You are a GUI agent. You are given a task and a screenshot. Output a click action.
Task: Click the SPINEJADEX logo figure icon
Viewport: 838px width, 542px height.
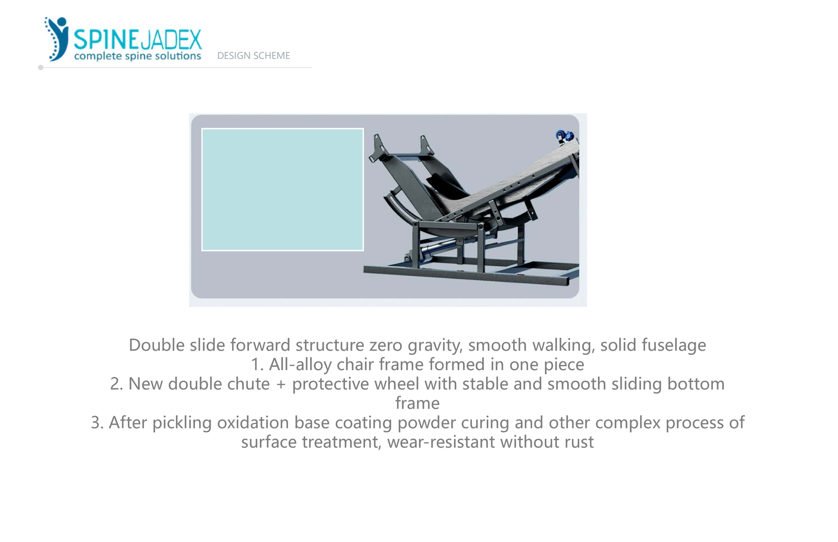click(x=57, y=39)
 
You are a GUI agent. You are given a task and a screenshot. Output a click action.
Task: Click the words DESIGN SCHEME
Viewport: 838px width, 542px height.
click(x=253, y=56)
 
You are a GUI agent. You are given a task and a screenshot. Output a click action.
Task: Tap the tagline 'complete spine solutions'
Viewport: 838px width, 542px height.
click(x=138, y=56)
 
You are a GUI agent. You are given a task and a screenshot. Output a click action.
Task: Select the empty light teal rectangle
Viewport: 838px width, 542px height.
click(x=282, y=189)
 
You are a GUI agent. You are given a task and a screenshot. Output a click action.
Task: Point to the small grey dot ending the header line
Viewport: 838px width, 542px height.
click(x=41, y=68)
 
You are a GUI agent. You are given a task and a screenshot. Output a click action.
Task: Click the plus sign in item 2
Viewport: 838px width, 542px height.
click(x=281, y=384)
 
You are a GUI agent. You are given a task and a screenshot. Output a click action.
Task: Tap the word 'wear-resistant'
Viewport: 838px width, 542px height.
click(x=441, y=442)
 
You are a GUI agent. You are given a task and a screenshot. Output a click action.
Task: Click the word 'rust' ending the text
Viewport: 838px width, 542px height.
click(x=579, y=442)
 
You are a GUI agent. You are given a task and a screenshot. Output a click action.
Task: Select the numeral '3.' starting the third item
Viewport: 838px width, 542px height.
click(x=97, y=422)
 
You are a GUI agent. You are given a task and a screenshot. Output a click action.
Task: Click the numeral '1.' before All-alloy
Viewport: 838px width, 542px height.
click(x=257, y=365)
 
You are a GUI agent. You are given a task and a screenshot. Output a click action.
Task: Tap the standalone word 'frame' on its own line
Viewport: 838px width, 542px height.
click(x=417, y=403)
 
